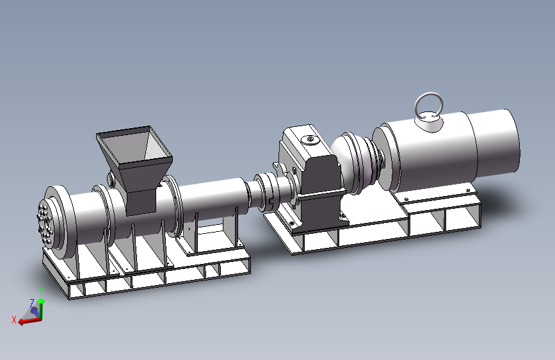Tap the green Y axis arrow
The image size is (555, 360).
[x=41, y=308]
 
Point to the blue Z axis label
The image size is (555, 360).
[x=32, y=303]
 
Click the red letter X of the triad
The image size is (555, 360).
[x=14, y=320]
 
